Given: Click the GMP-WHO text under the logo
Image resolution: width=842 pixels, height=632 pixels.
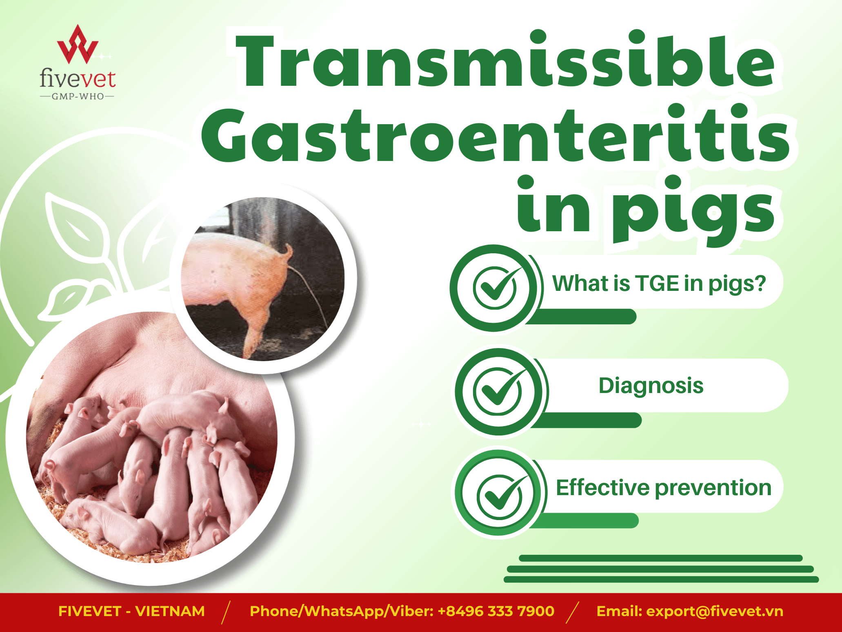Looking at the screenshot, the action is (78, 97).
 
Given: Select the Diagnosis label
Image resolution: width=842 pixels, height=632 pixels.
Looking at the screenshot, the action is (651, 386).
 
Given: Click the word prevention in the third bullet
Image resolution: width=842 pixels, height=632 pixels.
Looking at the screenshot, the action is (713, 488).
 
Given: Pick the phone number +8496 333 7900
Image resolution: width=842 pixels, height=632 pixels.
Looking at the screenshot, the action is (496, 611).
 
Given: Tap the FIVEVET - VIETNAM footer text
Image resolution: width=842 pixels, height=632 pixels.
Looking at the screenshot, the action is (131, 611).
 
